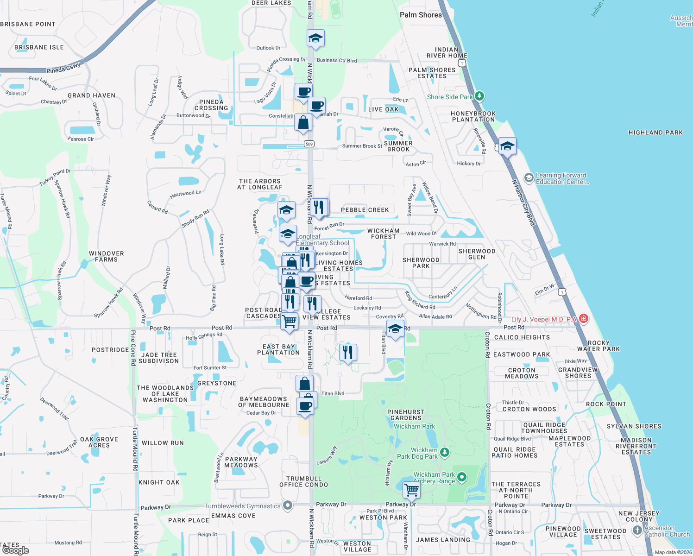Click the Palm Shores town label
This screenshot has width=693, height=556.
421,15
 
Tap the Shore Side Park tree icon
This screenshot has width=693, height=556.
479,96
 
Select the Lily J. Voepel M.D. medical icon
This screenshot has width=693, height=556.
584,318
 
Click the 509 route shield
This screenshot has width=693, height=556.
309,144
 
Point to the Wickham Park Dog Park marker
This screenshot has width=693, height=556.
445,452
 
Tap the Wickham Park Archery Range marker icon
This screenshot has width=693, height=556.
461,477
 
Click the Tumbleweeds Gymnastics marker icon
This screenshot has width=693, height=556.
288,505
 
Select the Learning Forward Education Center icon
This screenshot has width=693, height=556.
529,178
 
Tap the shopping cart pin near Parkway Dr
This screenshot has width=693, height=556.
411,489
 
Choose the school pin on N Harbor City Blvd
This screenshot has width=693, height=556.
507,146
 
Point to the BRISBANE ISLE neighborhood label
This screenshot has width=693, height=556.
39,47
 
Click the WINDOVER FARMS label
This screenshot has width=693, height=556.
107,257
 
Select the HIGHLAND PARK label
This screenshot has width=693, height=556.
655,133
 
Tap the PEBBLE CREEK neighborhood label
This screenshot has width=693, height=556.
365,210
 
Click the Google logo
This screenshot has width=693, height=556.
15,550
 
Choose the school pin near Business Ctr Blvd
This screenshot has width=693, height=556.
315,38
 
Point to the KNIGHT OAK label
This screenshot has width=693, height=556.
159,482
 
